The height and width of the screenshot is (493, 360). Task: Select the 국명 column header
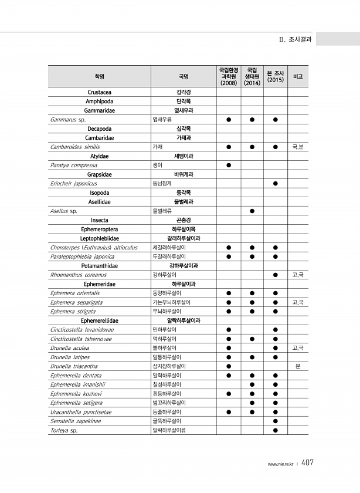(184, 77)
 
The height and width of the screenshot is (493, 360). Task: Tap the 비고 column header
(298, 77)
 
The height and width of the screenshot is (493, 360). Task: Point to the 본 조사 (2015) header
(275, 77)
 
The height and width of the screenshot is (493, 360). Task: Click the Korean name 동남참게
(162, 184)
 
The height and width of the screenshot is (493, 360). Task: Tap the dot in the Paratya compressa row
(229, 166)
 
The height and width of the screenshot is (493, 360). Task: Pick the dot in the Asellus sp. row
(252, 211)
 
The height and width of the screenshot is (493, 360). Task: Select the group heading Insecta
(99, 220)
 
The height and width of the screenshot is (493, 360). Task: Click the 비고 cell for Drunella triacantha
(298, 366)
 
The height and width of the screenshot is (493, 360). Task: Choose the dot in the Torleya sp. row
(275, 430)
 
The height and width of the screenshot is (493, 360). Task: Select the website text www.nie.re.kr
(280, 464)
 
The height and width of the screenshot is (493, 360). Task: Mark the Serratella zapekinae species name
(77, 421)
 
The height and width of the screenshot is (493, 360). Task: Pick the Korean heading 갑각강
(184, 92)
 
